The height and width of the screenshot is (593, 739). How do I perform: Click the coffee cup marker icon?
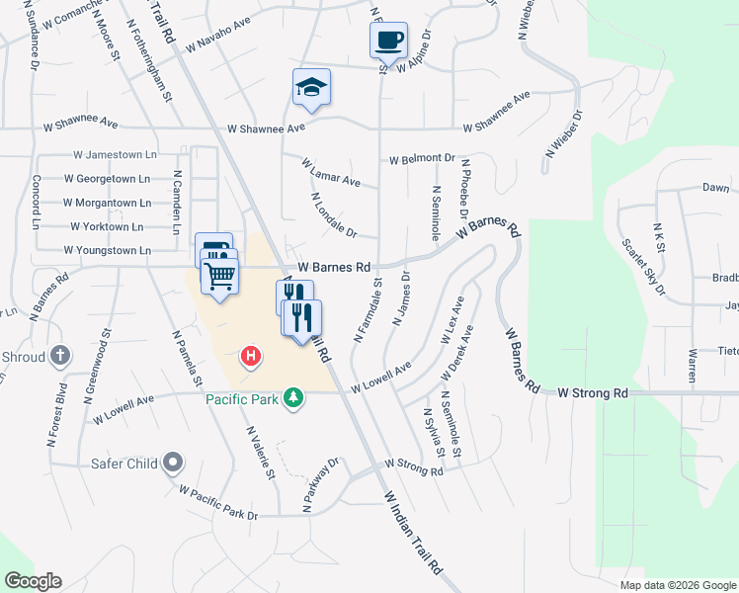point(388,41)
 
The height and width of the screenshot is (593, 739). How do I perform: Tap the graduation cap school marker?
point(311,87)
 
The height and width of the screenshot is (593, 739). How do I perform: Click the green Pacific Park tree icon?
point(292,398)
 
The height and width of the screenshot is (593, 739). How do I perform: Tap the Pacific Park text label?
point(242,399)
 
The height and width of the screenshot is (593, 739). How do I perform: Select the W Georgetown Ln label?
point(107,179)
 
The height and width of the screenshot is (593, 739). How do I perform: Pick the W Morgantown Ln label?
point(107,203)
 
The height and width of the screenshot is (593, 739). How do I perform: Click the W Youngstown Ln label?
point(107,250)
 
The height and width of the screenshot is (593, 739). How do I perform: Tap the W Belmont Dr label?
point(422,158)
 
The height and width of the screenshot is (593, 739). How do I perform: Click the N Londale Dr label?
point(332,215)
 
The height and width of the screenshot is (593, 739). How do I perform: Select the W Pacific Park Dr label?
point(217,502)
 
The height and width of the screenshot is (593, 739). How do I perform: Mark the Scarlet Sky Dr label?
point(643,267)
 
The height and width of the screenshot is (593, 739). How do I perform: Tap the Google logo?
point(33,581)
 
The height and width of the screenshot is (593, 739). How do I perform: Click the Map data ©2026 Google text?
point(677,585)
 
